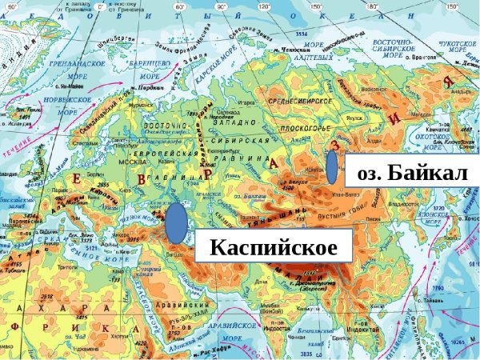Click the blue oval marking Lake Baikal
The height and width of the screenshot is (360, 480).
pyautogui.click(x=332, y=167)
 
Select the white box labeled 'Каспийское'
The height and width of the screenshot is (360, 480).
pyautogui.click(x=271, y=246)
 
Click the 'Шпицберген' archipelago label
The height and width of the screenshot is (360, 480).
pyautogui.click(x=114, y=36)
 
